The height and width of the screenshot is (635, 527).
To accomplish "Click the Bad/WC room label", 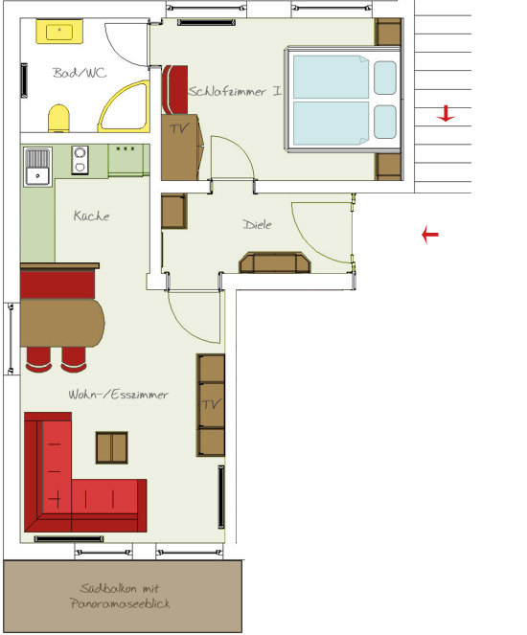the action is click(x=80, y=73).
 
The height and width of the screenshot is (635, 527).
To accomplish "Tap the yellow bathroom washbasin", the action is click(x=59, y=32).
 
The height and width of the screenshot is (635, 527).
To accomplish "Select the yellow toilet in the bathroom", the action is click(x=58, y=118).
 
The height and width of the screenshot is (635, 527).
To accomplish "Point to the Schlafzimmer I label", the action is click(x=235, y=91).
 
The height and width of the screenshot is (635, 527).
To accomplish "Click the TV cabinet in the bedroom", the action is click(x=181, y=147).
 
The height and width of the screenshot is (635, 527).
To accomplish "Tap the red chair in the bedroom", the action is click(x=174, y=89).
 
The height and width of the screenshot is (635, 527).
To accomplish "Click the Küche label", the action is click(x=92, y=215).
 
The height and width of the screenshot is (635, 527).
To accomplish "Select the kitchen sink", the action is click(x=37, y=167).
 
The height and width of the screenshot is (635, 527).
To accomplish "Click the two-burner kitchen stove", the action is click(x=80, y=160).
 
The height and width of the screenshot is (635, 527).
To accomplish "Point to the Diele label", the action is click(x=257, y=224).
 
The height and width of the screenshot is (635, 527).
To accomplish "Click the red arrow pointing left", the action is click(x=430, y=234).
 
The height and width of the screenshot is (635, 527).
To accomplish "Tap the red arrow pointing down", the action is click(x=446, y=114).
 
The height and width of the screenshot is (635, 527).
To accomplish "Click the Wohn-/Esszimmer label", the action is click(x=118, y=394).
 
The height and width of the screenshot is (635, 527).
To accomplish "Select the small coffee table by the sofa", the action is click(x=112, y=447).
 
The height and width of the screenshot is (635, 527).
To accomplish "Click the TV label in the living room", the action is click(x=212, y=404).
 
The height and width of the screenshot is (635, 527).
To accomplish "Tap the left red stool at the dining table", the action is click(x=38, y=359).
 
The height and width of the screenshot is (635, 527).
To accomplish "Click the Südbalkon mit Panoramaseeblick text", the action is click(x=120, y=596).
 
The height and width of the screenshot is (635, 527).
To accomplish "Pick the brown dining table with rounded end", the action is click(x=62, y=323).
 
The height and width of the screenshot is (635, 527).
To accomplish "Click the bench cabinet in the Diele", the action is click(x=275, y=262).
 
